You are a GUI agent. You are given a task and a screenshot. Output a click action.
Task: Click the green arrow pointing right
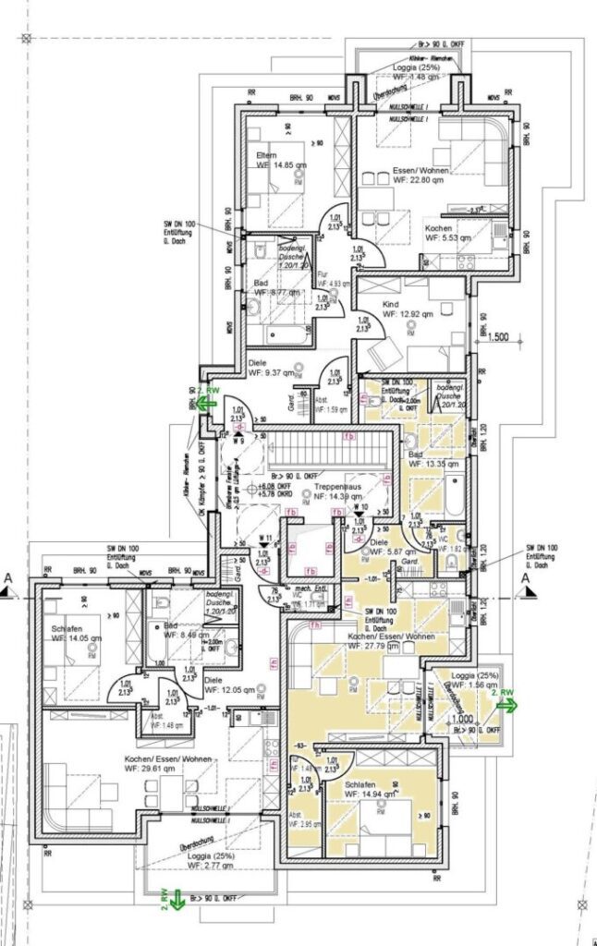[506, 704]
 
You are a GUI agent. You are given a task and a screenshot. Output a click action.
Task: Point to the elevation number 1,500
[500, 337]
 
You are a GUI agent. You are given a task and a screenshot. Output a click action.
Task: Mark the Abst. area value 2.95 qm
[306, 824]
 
